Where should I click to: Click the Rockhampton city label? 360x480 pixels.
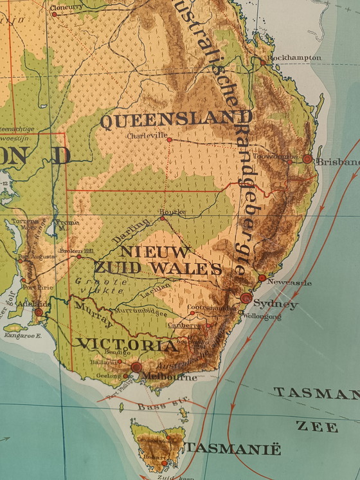pos(294,58)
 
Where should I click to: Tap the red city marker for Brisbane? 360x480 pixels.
pos(307,158)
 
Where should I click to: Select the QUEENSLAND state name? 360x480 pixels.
pos(175,118)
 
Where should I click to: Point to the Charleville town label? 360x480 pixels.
pos(146,136)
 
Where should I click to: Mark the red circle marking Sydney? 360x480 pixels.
pos(246,298)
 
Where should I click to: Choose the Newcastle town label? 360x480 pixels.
pos(289,282)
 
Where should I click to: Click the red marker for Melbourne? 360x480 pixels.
pos(136,367)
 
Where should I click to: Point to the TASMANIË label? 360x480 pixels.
pos(233,448)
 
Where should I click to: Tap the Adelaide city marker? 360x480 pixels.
pos(39,312)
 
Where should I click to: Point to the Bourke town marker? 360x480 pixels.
pos(163,219)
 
